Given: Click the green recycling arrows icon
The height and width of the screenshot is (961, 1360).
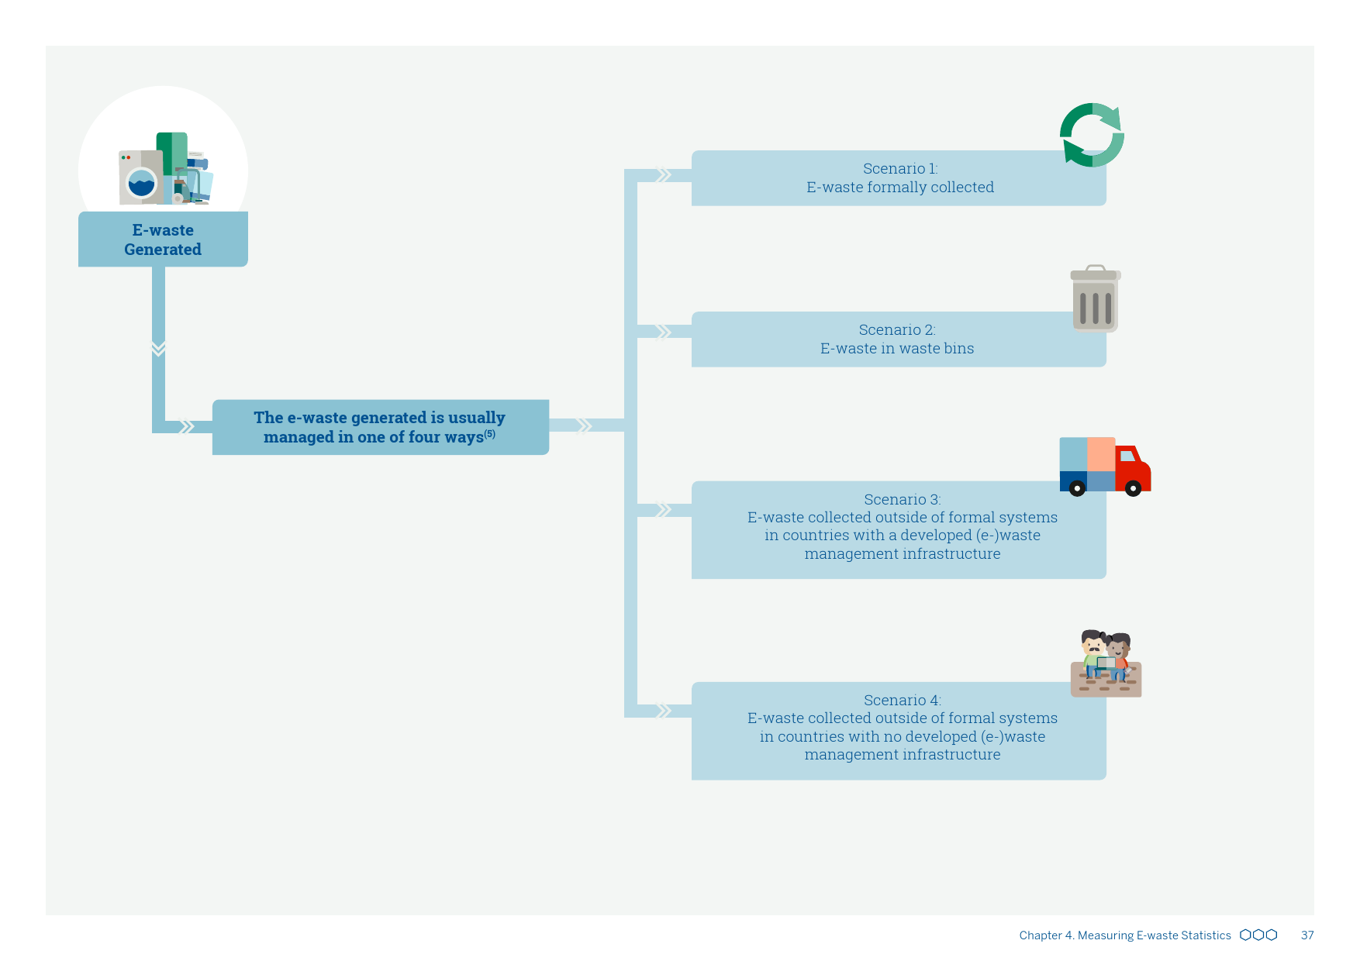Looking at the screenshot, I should click(x=1092, y=135).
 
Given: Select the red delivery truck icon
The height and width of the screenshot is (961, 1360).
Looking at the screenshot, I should click(x=1105, y=467).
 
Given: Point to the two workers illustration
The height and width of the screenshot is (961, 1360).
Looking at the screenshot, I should click(x=1106, y=663).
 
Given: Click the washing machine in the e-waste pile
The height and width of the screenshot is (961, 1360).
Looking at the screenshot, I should click(x=140, y=178).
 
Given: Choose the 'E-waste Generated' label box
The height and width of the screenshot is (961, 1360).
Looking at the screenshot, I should click(x=163, y=239).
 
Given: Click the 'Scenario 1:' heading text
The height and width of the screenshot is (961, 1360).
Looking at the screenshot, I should click(x=899, y=169).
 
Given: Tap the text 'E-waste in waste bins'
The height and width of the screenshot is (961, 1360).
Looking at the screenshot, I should click(x=897, y=349).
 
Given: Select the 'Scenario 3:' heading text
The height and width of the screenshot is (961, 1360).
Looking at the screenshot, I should click(x=902, y=500).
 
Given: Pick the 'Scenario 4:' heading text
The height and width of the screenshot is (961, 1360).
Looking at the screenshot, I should click(x=902, y=701).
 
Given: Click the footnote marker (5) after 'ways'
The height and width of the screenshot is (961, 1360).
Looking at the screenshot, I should click(x=490, y=434).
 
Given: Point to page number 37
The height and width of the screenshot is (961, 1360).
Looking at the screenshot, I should click(x=1307, y=935).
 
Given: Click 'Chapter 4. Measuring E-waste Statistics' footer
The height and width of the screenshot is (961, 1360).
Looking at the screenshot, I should click(x=1124, y=935).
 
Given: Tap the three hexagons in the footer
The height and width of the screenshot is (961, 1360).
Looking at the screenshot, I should click(x=1258, y=935).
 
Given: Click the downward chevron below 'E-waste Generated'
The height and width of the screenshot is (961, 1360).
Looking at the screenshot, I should click(x=158, y=348).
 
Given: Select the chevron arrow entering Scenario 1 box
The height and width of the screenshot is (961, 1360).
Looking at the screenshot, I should click(x=664, y=176).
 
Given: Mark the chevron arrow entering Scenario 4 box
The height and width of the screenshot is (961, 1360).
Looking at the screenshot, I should click(x=664, y=711).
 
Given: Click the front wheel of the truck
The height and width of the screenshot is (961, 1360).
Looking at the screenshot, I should click(x=1133, y=488).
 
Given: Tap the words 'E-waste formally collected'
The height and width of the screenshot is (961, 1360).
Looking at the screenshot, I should click(x=899, y=188).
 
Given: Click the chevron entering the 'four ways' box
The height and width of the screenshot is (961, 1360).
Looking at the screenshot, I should click(x=186, y=427).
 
